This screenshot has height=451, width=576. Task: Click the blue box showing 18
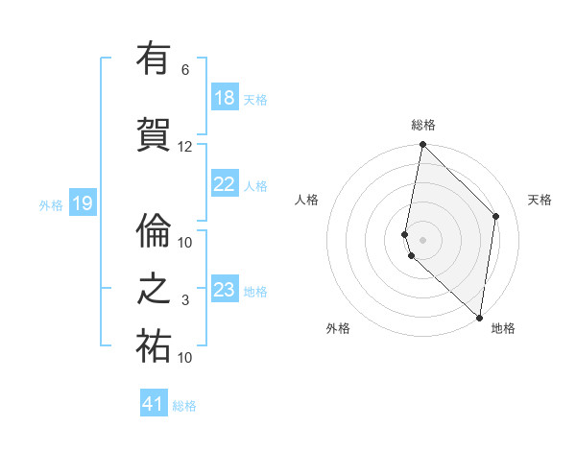(x=225, y=98)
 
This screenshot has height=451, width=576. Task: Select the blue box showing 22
(x=225, y=185)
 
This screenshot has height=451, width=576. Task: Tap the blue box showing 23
(x=225, y=290)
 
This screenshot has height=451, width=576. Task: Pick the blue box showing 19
(x=82, y=203)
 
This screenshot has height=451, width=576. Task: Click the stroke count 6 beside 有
(x=185, y=70)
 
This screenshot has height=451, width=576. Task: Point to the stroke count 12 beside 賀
(x=185, y=147)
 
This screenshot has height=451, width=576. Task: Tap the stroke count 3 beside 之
(x=185, y=300)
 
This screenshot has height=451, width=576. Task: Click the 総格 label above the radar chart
(x=423, y=125)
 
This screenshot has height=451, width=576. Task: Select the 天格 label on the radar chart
(x=540, y=200)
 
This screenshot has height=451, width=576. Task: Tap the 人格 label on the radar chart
(x=306, y=200)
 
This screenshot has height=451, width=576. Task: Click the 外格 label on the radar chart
(x=338, y=328)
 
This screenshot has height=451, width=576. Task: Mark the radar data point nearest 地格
(x=480, y=318)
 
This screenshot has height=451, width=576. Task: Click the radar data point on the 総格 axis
(x=423, y=145)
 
